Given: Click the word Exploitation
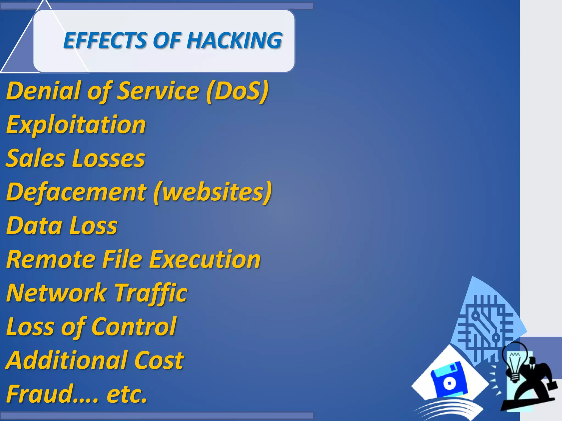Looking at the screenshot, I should coord(76,125).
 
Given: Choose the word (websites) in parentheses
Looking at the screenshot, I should coord(213,192).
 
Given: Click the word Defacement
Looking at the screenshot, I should coord(76,192).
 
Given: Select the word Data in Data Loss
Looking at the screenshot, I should coord(34,226).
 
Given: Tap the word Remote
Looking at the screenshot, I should coord(51,259).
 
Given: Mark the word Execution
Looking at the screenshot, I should coord(205,259).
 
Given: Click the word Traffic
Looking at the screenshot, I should coord(151,293).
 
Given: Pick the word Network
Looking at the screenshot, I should coord(56,293).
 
